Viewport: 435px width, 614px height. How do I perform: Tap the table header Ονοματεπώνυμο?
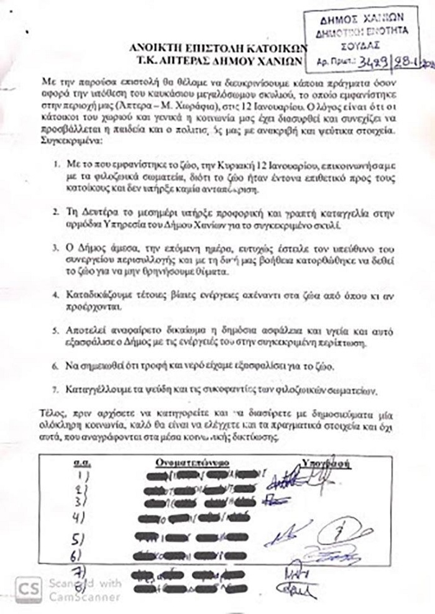[x=191, y=462]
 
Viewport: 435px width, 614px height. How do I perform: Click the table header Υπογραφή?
[x=328, y=462]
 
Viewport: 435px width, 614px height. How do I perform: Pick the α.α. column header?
[x=79, y=463]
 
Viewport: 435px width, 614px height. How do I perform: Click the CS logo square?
[x=24, y=589]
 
